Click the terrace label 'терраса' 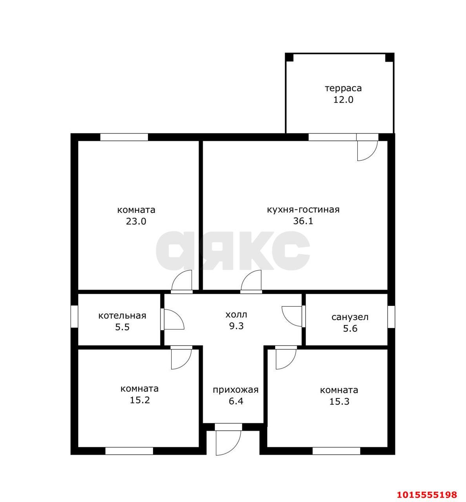(x=343, y=89)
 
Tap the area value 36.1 (x=303, y=221)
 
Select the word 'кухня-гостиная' (x=303, y=210)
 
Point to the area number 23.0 (x=136, y=222)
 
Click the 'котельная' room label (x=122, y=316)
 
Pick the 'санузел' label (x=350, y=317)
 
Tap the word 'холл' (x=236, y=315)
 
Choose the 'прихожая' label (x=236, y=390)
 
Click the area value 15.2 (x=140, y=400)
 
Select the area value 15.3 (x=339, y=401)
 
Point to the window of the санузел (x=391, y=317)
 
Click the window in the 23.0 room (x=124, y=137)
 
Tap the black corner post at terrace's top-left (x=289, y=57)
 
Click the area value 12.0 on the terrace (x=343, y=100)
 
